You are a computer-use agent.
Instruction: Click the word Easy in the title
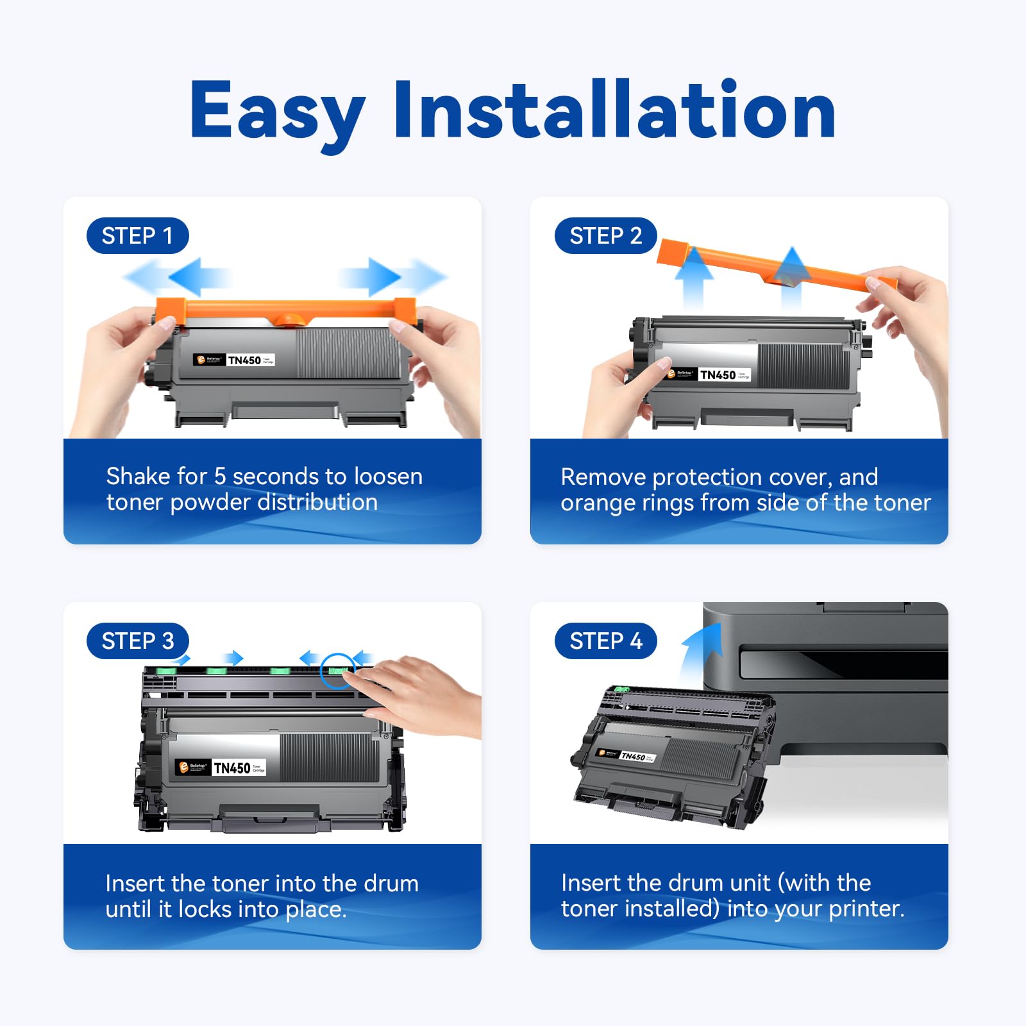click(x=277, y=110)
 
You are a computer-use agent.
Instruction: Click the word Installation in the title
click(x=614, y=110)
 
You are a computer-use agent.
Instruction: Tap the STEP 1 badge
click(x=137, y=236)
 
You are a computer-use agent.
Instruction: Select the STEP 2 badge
click(x=605, y=236)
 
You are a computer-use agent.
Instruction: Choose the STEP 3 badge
click(x=137, y=641)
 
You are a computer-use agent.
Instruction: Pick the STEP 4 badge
click(x=605, y=641)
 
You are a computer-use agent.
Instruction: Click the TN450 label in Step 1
click(x=244, y=360)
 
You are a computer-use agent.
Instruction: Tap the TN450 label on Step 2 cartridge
click(x=718, y=375)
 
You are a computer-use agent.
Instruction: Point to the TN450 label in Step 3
click(x=231, y=768)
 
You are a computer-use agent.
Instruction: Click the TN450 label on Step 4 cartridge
click(x=633, y=757)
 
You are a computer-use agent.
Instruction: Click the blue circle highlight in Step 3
click(x=337, y=670)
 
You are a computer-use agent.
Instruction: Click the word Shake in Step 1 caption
click(x=138, y=476)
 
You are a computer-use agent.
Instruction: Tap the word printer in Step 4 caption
click(x=866, y=909)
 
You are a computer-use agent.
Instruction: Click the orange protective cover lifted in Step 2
click(x=769, y=264)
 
